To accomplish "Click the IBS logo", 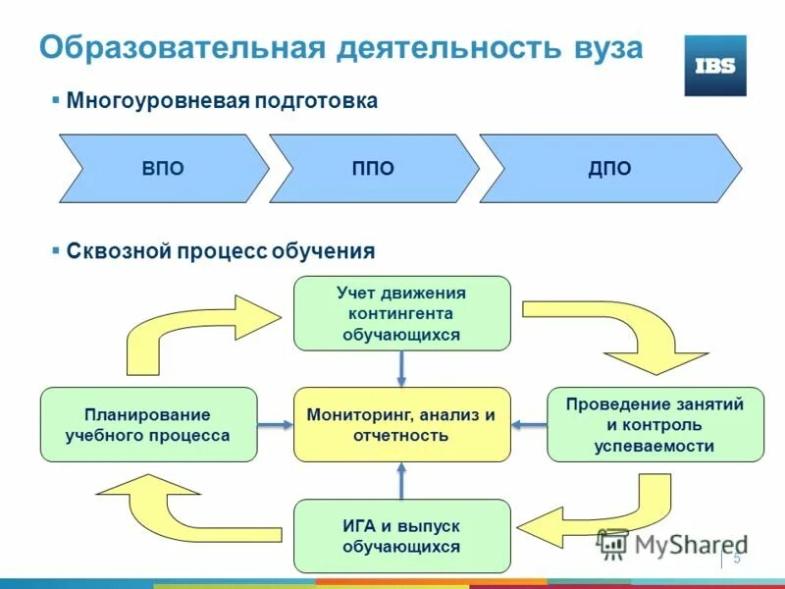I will tap(714, 66).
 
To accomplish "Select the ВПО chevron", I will tap(163, 169).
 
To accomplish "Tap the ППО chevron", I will tap(373, 169).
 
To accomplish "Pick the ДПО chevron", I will tap(609, 169).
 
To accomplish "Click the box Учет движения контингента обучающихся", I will tap(401, 313).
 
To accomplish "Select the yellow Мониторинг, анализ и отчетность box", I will tap(401, 424).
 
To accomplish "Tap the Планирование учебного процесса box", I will tap(148, 424).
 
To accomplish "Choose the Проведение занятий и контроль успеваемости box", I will tap(654, 424).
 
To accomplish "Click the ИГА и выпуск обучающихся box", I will tap(401, 536).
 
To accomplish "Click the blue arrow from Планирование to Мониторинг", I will tap(276, 424).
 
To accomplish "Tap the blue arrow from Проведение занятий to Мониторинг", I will tap(529, 424).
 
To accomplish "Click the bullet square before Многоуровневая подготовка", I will tap(56, 100).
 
